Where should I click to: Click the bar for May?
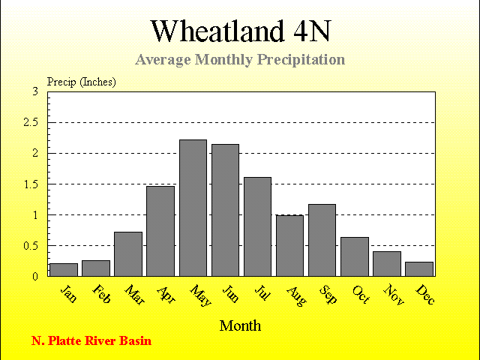point(193,208)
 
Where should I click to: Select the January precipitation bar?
point(64,270)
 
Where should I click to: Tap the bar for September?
point(322,240)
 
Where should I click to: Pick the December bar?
point(419,269)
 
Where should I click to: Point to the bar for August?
point(289,246)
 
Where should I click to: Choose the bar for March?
point(128,254)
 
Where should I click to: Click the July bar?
point(257,226)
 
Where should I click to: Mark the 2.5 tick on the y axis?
point(31,122)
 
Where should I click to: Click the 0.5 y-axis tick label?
point(31,246)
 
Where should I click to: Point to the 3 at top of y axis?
point(35,91)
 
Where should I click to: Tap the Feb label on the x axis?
point(101,294)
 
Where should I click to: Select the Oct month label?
point(361,295)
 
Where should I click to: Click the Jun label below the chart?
point(230,293)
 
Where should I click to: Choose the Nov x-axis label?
point(394,295)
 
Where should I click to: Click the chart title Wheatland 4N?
point(241,31)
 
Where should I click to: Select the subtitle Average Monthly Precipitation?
point(240,59)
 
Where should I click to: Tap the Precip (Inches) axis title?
point(82,82)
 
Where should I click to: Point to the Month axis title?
point(240,325)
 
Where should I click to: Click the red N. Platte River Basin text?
point(91,340)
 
